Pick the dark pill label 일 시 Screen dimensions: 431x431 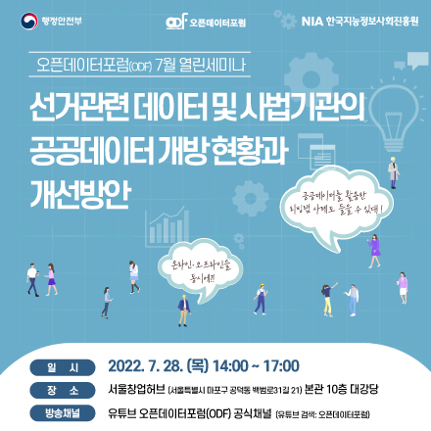tap(54, 367)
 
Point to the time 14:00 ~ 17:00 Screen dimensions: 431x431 tap(254, 366)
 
